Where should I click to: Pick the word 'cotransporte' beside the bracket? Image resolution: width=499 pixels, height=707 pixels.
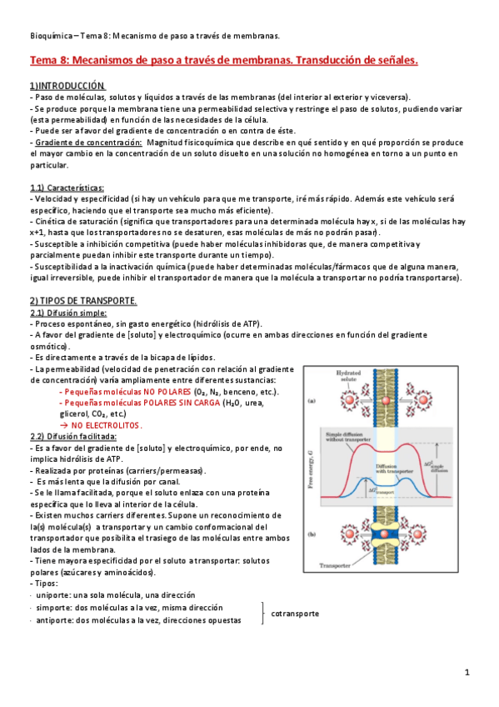pyautogui.click(x=295, y=614)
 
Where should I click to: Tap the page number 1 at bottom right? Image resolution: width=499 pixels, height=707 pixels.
pyautogui.click(x=467, y=672)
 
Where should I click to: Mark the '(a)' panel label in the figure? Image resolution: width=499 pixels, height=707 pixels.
pyautogui.click(x=312, y=401)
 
